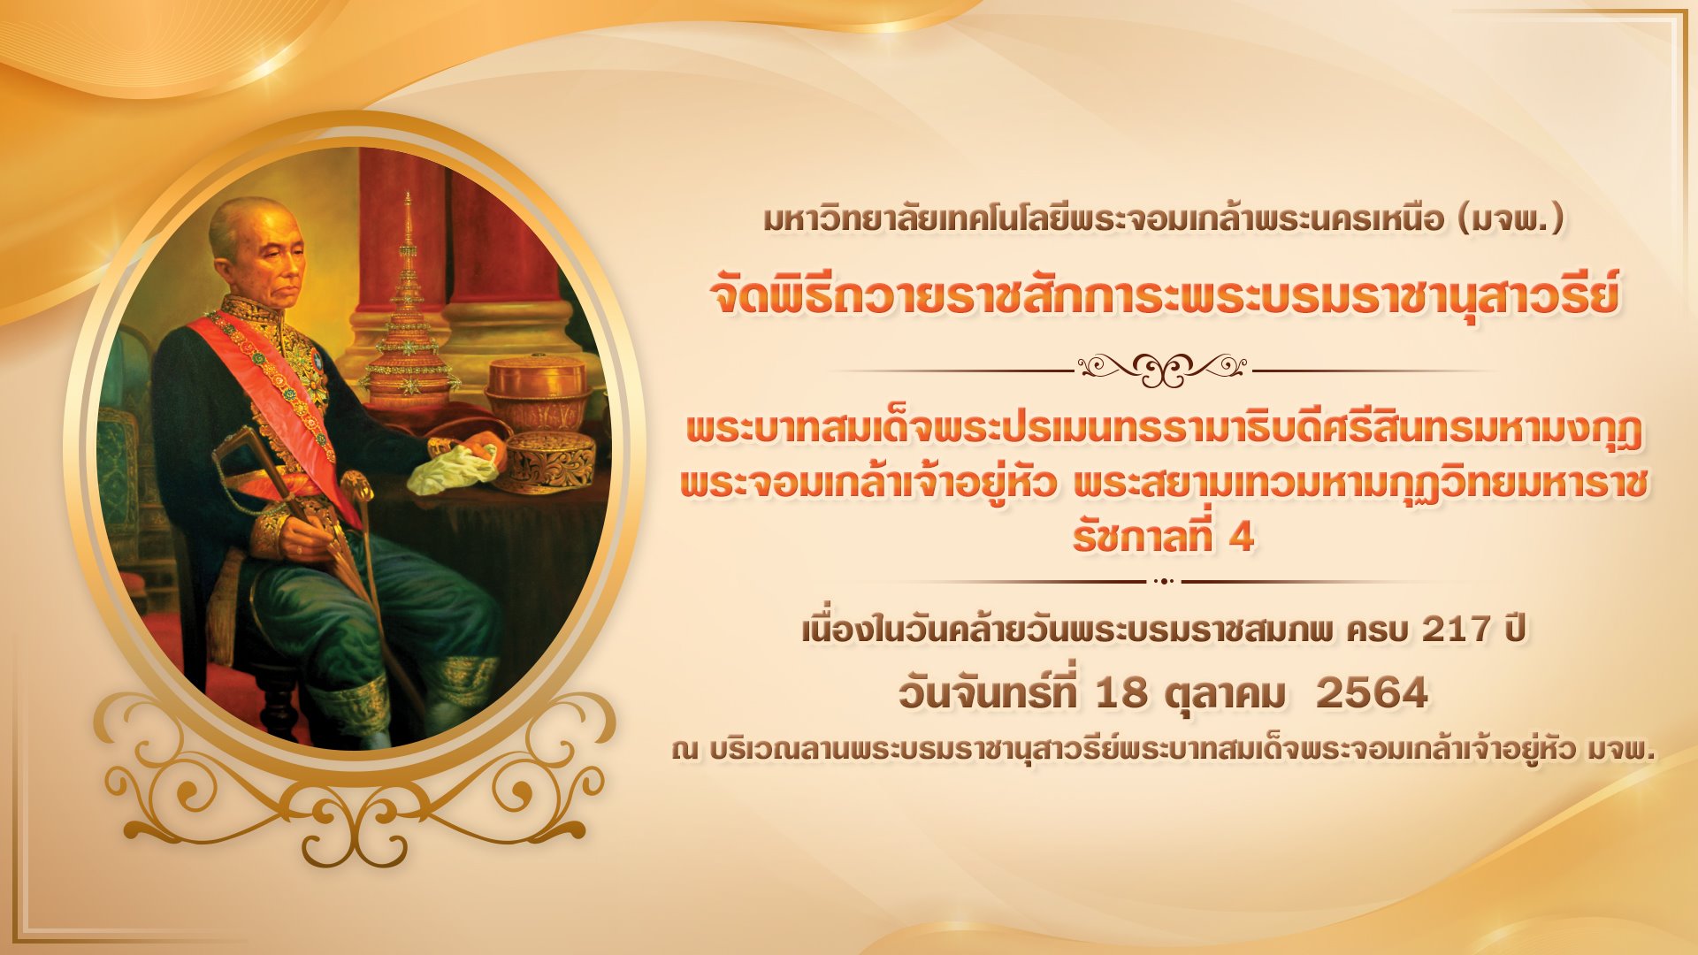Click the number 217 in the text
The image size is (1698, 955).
pos(1456,630)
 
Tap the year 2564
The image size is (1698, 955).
pos(1372,693)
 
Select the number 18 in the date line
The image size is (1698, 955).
pos(1121,693)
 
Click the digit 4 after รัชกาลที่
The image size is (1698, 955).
pos(1242,538)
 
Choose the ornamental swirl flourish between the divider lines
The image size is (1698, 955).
pos(1164,369)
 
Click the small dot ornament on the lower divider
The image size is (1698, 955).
pos(1164,581)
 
